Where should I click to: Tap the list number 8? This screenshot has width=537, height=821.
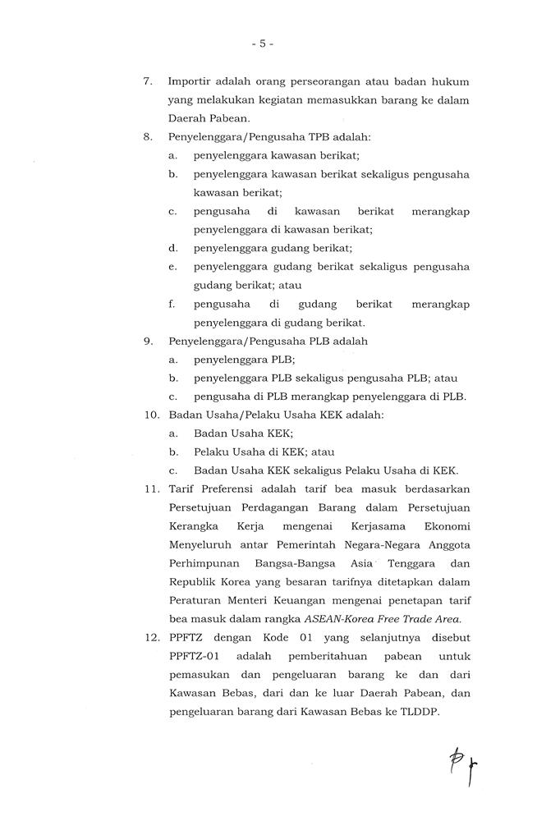tap(148, 137)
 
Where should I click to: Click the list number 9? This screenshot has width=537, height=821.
tap(148, 342)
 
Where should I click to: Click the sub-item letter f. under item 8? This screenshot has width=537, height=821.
tap(172, 304)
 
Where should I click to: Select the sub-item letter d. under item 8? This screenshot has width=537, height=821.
tap(173, 248)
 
